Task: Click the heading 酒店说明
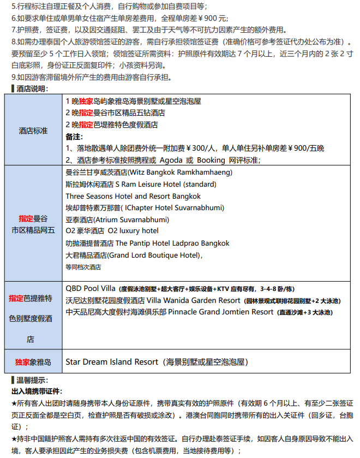32,88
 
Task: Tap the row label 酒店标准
33,131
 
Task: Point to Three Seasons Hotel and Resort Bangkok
133,196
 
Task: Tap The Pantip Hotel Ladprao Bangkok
172,243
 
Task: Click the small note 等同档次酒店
83,267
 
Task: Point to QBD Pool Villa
90,287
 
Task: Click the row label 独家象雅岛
33,361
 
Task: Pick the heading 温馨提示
32,380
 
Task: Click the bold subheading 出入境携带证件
36,391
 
